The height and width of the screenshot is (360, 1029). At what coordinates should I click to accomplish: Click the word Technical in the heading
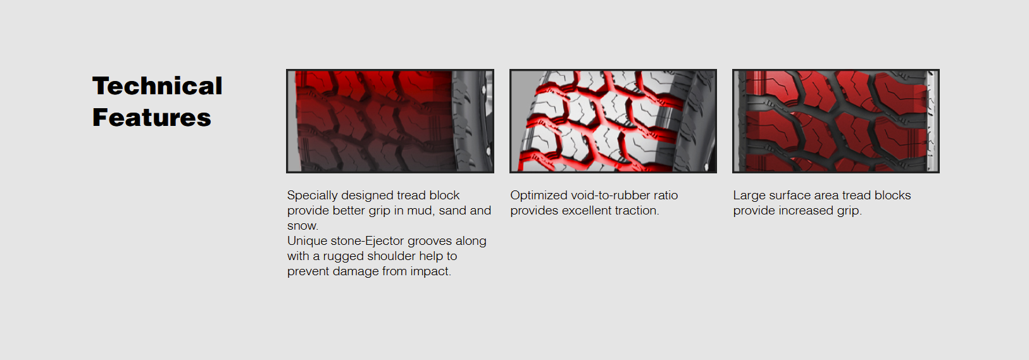157,86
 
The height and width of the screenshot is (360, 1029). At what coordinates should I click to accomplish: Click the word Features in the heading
152,118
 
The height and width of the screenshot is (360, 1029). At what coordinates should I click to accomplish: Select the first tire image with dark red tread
390,121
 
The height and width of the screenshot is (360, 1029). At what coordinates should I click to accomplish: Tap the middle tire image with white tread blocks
613,121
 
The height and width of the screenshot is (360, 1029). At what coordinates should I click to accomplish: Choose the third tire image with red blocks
835,121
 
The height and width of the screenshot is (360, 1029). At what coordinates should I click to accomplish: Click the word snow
302,226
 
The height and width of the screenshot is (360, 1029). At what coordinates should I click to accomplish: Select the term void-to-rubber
611,195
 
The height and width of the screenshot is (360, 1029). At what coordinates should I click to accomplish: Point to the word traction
638,211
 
